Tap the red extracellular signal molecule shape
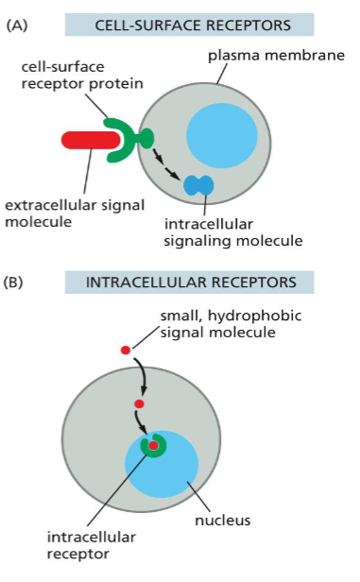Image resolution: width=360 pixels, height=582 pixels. [88, 141]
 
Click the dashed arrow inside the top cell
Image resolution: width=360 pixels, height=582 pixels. [166, 168]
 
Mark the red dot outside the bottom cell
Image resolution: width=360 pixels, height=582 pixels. [126, 351]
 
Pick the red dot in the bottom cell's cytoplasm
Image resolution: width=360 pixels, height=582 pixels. [139, 404]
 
